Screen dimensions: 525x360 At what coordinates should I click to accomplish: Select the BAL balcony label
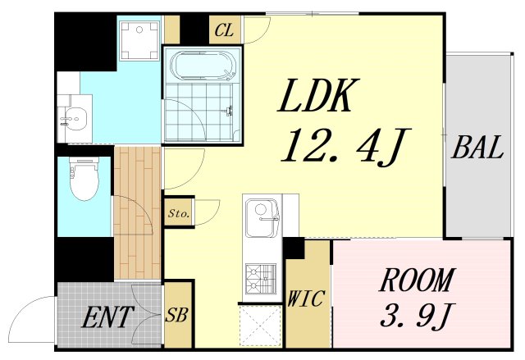pyautogui.click(x=477, y=148)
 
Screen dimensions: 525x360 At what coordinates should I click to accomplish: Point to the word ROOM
pyautogui.click(x=416, y=280)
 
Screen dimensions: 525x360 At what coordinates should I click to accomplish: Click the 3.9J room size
pyautogui.click(x=417, y=316)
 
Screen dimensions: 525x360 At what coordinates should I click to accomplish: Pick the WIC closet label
pyautogui.click(x=306, y=298)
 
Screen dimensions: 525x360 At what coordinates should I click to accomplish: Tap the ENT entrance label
pyautogui.click(x=107, y=317)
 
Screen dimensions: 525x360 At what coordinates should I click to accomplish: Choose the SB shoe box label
pyautogui.click(x=176, y=315)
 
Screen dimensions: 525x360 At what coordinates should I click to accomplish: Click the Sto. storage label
pyautogui.click(x=179, y=213)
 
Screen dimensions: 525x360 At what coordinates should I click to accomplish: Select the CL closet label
pyautogui.click(x=224, y=31)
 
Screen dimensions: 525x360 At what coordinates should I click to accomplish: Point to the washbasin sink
pyautogui.click(x=75, y=119)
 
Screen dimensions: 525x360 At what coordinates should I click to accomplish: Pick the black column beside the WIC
pyautogui.click(x=294, y=248)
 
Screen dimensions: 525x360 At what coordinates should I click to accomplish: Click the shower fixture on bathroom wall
pyautogui.click(x=229, y=111)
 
